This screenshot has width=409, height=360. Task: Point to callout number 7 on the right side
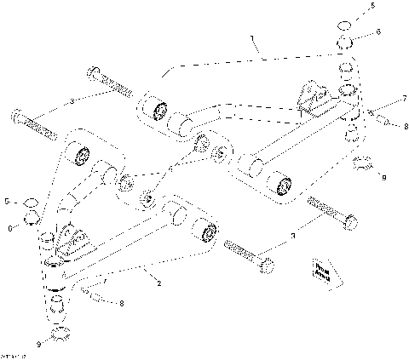pyautogui.click(x=380, y=99)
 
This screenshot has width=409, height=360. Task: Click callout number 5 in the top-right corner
pyautogui.click(x=382, y=6)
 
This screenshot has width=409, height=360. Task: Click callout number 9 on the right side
pyautogui.click(x=383, y=177)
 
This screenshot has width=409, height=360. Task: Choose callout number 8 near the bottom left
pyautogui.click(x=121, y=302)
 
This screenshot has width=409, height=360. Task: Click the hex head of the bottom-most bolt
pyautogui.click(x=266, y=266)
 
